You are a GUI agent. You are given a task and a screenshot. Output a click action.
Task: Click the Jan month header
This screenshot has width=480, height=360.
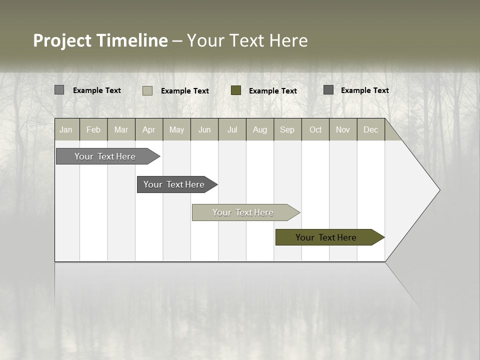pos(66,129)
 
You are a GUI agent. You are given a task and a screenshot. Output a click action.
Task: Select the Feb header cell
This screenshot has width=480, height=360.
pos(93,129)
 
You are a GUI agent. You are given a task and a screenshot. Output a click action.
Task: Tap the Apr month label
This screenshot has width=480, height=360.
pos(149,129)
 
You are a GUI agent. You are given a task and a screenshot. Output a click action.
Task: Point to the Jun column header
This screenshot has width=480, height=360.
pos(204,129)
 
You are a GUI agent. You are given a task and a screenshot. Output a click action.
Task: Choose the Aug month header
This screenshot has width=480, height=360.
pos(260,129)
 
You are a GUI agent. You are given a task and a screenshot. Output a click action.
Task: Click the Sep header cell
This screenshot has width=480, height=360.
pos(287,129)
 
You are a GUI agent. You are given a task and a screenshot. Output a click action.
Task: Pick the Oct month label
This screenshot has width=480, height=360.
pos(315,129)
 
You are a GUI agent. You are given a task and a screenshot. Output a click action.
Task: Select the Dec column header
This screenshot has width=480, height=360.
pos(371,129)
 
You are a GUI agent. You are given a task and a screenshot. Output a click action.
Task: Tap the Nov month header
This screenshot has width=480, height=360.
pos(343,129)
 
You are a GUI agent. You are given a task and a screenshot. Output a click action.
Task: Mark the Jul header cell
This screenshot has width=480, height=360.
pos(232,129)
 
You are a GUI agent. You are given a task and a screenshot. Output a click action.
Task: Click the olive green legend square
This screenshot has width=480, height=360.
pos(236,90)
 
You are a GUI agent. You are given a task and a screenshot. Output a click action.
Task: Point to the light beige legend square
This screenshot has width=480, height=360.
pos(147,90)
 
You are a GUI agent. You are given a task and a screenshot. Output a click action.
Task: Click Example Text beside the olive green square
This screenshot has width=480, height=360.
pos(273,90)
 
